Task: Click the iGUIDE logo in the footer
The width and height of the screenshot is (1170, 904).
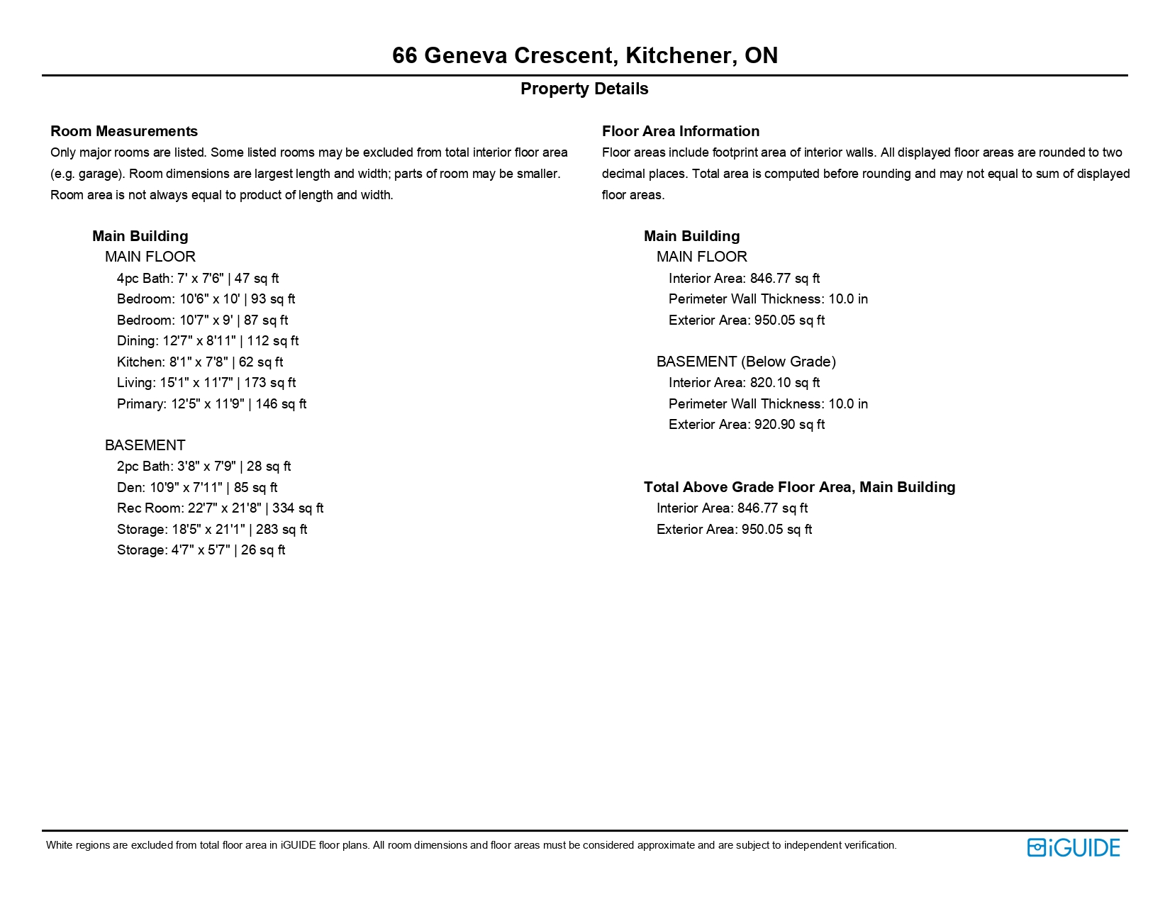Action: click(1073, 847)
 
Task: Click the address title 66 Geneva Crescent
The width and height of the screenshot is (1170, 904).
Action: click(584, 55)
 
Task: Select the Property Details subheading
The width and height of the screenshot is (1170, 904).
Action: click(584, 89)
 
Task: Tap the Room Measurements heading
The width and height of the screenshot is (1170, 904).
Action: click(124, 131)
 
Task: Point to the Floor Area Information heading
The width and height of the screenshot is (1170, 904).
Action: click(680, 131)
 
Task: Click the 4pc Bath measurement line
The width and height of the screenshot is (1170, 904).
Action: click(198, 279)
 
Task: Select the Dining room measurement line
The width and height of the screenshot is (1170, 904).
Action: click(208, 341)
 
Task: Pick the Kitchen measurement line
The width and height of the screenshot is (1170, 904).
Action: click(200, 362)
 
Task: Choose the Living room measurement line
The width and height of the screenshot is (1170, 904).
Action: click(206, 383)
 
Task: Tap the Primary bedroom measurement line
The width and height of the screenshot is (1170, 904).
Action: click(211, 404)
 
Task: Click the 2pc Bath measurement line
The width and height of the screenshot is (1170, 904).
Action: click(204, 467)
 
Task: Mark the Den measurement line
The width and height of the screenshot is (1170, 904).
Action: click(197, 488)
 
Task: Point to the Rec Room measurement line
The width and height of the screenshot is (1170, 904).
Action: click(220, 508)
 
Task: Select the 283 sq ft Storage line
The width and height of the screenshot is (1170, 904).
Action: click(212, 530)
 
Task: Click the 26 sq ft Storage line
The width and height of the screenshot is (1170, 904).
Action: click(201, 550)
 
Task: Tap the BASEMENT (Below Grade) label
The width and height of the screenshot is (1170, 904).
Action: click(746, 362)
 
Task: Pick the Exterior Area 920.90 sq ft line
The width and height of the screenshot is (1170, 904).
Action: click(746, 425)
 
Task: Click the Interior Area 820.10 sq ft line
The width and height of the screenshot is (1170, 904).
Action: click(744, 383)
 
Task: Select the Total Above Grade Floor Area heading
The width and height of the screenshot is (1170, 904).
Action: click(799, 487)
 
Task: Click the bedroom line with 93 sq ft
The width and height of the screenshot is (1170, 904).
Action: click(206, 299)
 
